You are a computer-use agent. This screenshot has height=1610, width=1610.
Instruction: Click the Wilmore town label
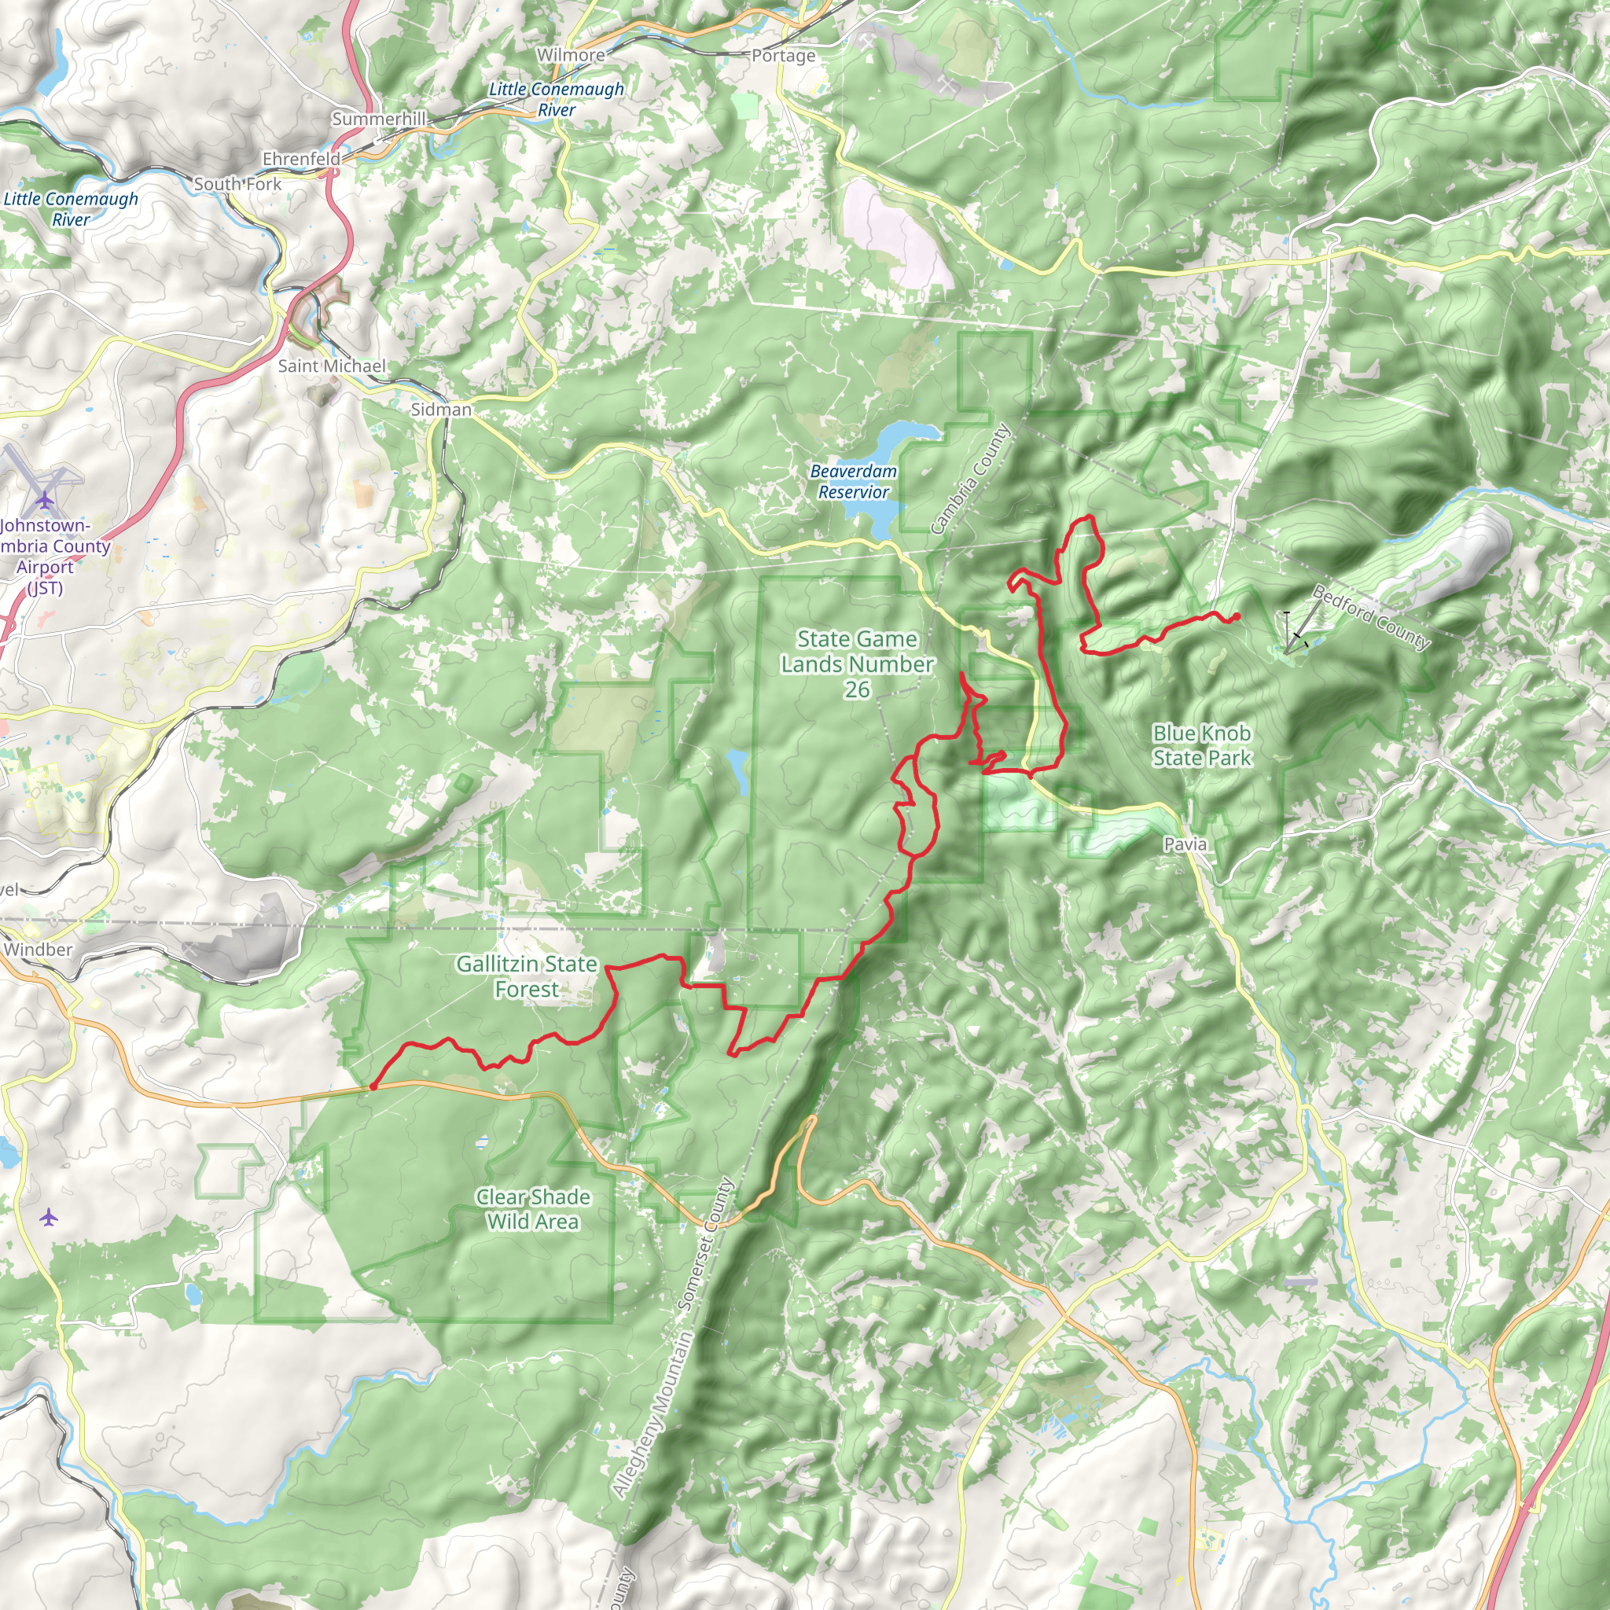coord(571,55)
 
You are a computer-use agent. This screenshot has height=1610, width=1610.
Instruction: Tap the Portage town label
coord(783,56)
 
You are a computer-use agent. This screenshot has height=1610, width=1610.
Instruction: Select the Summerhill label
coord(379,119)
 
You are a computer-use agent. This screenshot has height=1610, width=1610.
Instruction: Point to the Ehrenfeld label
coord(302,158)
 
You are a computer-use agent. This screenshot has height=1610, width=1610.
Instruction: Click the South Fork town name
coord(237,184)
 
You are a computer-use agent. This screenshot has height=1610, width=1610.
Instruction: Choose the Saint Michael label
coord(332,366)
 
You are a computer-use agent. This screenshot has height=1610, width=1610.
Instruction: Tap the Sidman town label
coord(441,409)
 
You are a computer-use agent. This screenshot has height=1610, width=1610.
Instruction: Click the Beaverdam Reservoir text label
coord(853,482)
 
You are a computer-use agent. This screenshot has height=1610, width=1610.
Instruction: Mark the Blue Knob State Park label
coord(1202,745)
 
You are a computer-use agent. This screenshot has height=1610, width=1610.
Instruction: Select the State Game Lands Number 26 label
coord(857,664)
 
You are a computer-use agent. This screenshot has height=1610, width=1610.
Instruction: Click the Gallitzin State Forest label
coord(527,976)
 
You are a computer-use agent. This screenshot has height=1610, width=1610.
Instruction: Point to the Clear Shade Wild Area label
coord(533,1209)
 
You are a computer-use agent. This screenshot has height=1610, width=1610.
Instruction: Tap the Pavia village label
coord(1185,844)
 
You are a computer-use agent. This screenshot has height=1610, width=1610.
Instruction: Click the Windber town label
coord(39,949)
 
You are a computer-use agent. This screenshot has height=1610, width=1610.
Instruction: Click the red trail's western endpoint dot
coord(373,1086)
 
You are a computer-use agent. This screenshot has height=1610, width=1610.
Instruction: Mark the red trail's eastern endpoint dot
coord(1236,616)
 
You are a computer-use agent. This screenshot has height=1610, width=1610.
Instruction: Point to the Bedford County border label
coord(1371,617)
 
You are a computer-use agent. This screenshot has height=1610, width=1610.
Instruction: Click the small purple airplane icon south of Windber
coord(48,1218)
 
